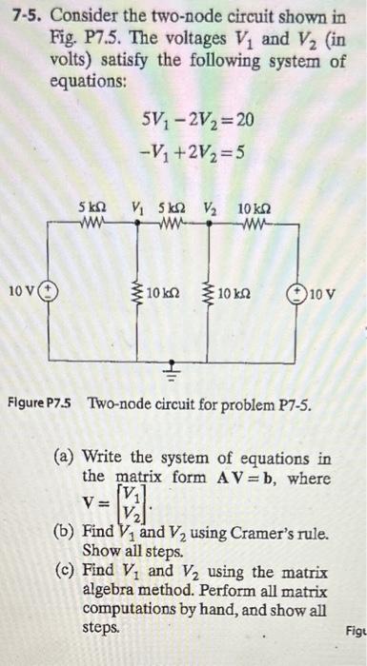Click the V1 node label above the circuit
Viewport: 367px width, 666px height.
(139, 207)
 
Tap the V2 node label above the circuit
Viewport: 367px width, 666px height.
(206, 207)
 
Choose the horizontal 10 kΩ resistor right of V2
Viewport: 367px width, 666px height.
(254, 225)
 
